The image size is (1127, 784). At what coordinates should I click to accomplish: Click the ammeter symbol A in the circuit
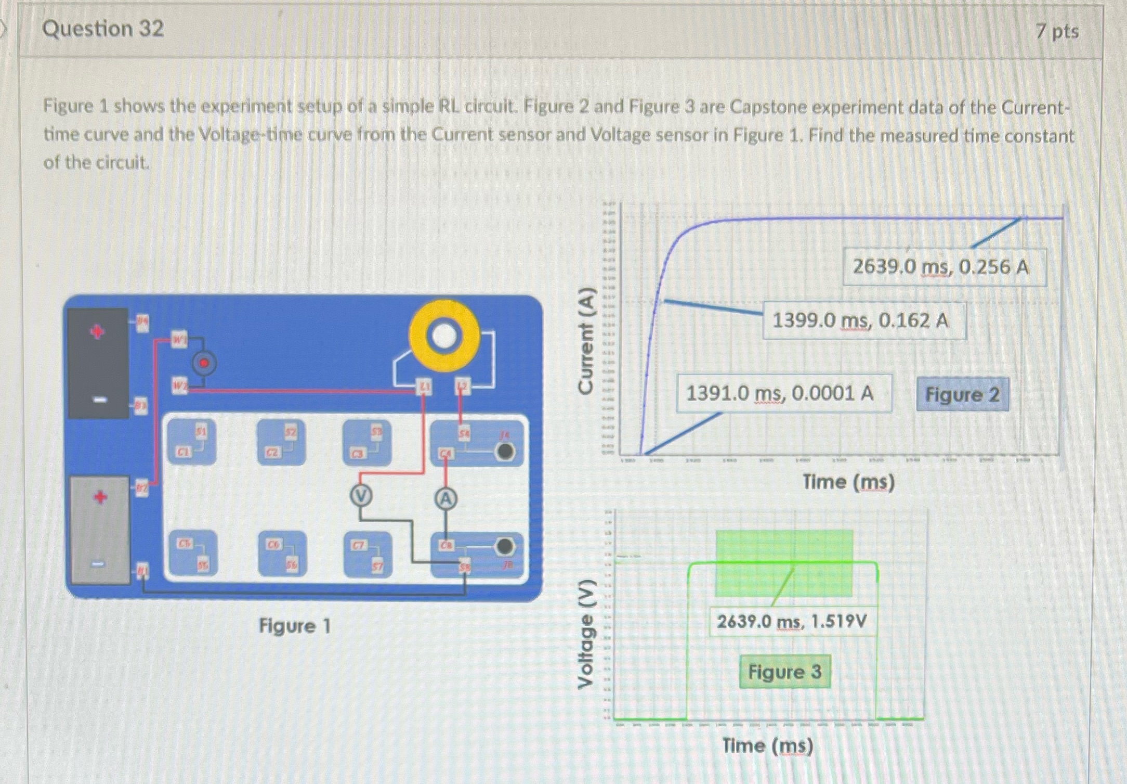click(x=445, y=499)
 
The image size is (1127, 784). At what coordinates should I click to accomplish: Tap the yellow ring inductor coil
click(x=444, y=336)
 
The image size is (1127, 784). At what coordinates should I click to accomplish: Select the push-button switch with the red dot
click(x=204, y=363)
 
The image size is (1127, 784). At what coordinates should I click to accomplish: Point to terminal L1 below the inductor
click(x=425, y=387)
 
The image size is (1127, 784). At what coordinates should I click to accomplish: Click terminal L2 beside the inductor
click(x=462, y=387)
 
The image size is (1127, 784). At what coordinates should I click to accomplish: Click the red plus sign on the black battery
click(x=97, y=331)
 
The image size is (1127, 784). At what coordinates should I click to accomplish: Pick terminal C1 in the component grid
click(x=182, y=452)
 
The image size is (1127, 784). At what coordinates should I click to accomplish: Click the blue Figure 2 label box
click(x=962, y=394)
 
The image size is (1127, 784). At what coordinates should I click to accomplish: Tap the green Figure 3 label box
click(x=784, y=671)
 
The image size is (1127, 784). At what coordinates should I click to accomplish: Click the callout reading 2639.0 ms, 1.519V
click(x=792, y=621)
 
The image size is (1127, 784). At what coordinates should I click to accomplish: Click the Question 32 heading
click(x=103, y=29)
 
